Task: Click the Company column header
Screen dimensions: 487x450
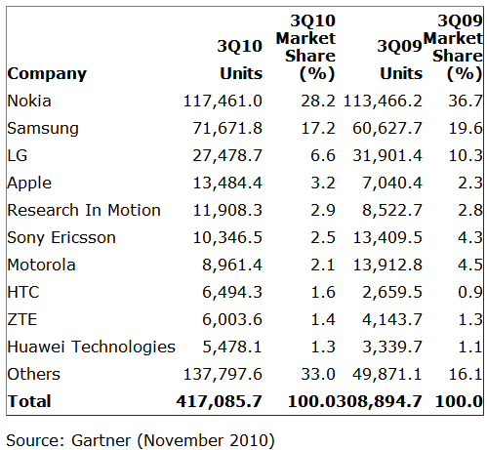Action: [47, 74]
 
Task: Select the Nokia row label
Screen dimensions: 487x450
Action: [29, 101]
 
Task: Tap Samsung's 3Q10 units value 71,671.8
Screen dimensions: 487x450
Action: [227, 129]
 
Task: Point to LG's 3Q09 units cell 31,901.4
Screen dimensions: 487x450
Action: [387, 156]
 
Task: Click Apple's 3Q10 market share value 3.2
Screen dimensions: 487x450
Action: [323, 183]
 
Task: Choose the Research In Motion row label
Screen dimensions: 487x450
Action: [84, 210]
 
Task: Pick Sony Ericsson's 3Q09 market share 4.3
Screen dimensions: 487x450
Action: [470, 237]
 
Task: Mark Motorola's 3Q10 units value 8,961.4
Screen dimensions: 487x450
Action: [232, 265]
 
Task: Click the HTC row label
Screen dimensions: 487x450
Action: [23, 292]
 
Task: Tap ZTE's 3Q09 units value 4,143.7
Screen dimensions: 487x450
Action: [392, 319]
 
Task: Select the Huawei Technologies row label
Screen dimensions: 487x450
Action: [92, 347]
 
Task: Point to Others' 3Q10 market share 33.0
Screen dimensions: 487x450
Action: [318, 374]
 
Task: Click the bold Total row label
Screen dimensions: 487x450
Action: [29, 401]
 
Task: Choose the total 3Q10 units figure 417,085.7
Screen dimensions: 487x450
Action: [220, 401]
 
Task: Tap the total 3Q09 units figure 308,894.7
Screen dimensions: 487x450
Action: [379, 401]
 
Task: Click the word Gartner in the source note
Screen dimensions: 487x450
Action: [101, 440]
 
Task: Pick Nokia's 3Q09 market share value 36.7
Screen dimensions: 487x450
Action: [466, 101]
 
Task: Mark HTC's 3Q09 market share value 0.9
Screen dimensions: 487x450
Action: [470, 292]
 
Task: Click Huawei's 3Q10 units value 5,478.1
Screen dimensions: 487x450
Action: [232, 347]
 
